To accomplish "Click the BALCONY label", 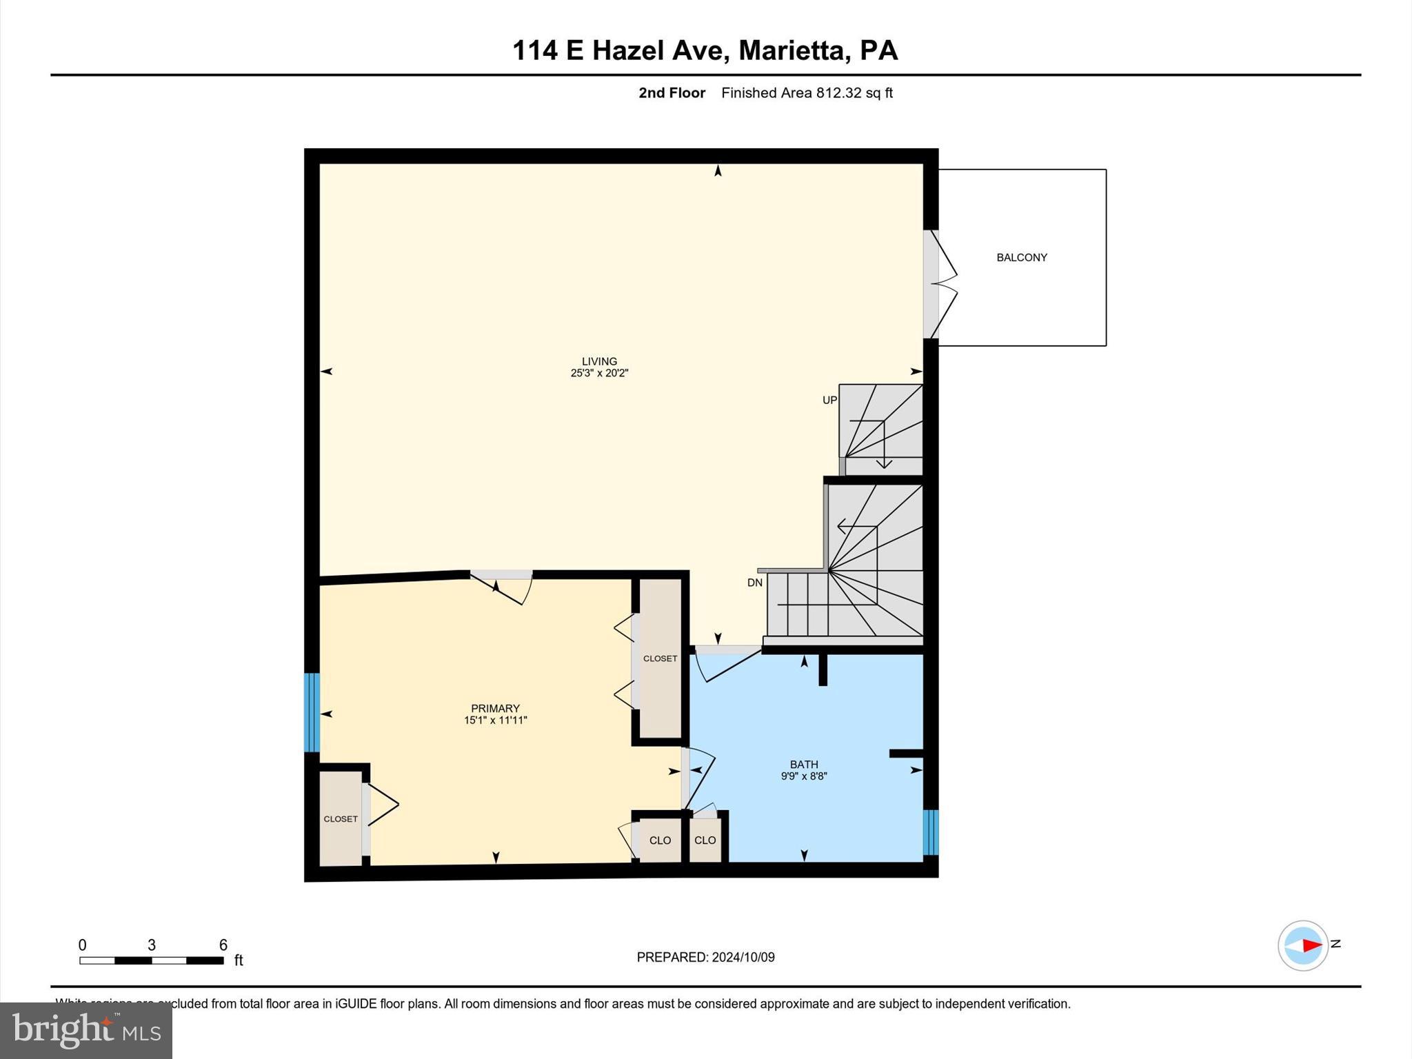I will click(1021, 257).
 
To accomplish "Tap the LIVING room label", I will click(598, 361).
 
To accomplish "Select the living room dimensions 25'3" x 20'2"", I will click(599, 373).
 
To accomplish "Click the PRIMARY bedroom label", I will click(495, 708).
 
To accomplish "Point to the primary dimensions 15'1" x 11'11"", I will click(495, 720).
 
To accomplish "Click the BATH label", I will click(804, 764).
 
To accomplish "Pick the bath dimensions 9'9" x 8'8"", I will click(804, 776).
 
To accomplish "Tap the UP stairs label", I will click(829, 400).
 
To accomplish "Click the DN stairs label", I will click(755, 583).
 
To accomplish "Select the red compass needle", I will click(1311, 945).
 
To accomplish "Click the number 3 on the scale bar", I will click(152, 945).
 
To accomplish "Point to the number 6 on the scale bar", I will click(223, 945).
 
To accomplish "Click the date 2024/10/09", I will click(743, 957).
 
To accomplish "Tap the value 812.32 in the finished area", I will click(838, 93).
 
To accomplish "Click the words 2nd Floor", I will click(672, 93).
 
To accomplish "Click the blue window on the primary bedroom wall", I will click(312, 712).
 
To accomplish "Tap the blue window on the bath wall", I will click(930, 831).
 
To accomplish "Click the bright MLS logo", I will click(86, 1030).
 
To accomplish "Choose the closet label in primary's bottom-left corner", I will click(341, 819).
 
